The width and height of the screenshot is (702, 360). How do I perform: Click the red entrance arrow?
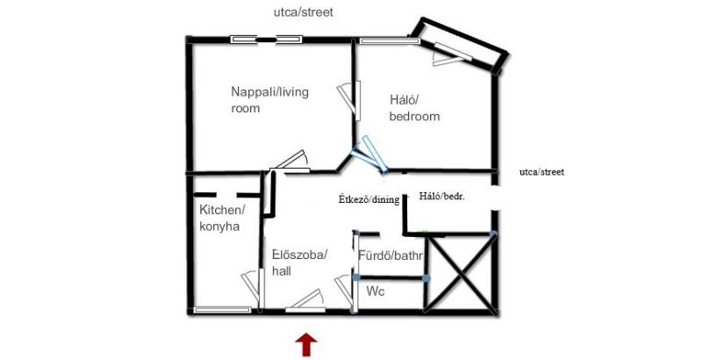click(306, 345)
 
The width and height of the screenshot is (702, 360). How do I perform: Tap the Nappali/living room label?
click(269, 100)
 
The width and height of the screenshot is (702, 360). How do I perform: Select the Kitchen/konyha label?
click(222, 218)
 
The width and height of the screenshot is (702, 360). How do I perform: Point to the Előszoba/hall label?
click(300, 263)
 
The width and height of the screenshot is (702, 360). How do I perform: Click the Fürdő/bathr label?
click(390, 256)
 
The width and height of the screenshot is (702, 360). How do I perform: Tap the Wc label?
click(376, 292)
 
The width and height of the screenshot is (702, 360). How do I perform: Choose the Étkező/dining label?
click(369, 199)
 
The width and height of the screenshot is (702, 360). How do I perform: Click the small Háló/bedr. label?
click(442, 196)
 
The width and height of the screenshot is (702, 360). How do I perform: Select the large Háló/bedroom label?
click(414, 108)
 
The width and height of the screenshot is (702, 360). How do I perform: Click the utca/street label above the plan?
click(304, 12)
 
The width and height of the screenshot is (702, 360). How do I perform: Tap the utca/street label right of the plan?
click(541, 172)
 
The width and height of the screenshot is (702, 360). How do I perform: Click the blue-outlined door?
click(369, 154)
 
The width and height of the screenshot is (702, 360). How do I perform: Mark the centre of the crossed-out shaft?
click(460, 273)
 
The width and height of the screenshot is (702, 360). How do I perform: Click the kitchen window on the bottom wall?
click(223, 309)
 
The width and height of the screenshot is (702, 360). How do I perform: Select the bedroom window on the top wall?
click(390, 40)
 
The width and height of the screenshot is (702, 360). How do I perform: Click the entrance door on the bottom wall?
click(305, 301)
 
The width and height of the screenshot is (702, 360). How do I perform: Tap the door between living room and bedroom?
click(349, 100)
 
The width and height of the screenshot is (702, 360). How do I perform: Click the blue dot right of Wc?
click(426, 278)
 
